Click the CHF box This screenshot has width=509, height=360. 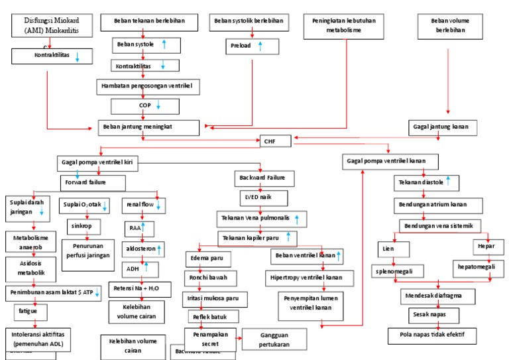click(269, 141)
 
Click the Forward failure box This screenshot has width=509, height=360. click(93, 182)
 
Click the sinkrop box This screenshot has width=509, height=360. click(82, 225)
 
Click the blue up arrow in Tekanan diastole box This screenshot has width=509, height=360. click(448, 180)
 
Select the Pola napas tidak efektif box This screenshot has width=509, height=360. click(433, 335)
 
